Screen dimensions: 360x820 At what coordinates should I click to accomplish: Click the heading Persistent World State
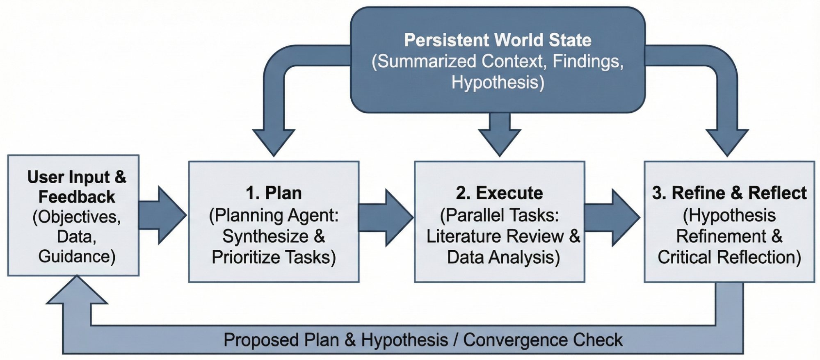498,40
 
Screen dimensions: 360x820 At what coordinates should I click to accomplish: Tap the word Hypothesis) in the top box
498,82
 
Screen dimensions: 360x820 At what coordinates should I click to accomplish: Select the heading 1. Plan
274,193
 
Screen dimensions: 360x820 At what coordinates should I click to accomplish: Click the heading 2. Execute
499,193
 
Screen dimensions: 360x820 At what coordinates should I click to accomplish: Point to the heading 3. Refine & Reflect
729,193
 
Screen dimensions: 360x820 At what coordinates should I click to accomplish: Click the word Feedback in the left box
77,197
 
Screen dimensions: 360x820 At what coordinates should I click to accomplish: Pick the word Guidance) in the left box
77,257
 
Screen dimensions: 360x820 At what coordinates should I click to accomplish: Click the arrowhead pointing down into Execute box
500,141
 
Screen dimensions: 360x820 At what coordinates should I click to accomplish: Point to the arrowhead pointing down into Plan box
274,142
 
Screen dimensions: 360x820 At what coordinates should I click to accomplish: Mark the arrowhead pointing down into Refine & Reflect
727,142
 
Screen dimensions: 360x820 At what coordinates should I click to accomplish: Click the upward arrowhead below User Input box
77,292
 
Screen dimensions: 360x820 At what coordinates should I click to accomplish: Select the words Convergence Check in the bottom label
543,340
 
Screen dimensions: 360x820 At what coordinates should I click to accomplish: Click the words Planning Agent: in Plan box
274,215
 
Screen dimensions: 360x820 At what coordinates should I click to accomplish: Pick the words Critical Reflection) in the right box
729,257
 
